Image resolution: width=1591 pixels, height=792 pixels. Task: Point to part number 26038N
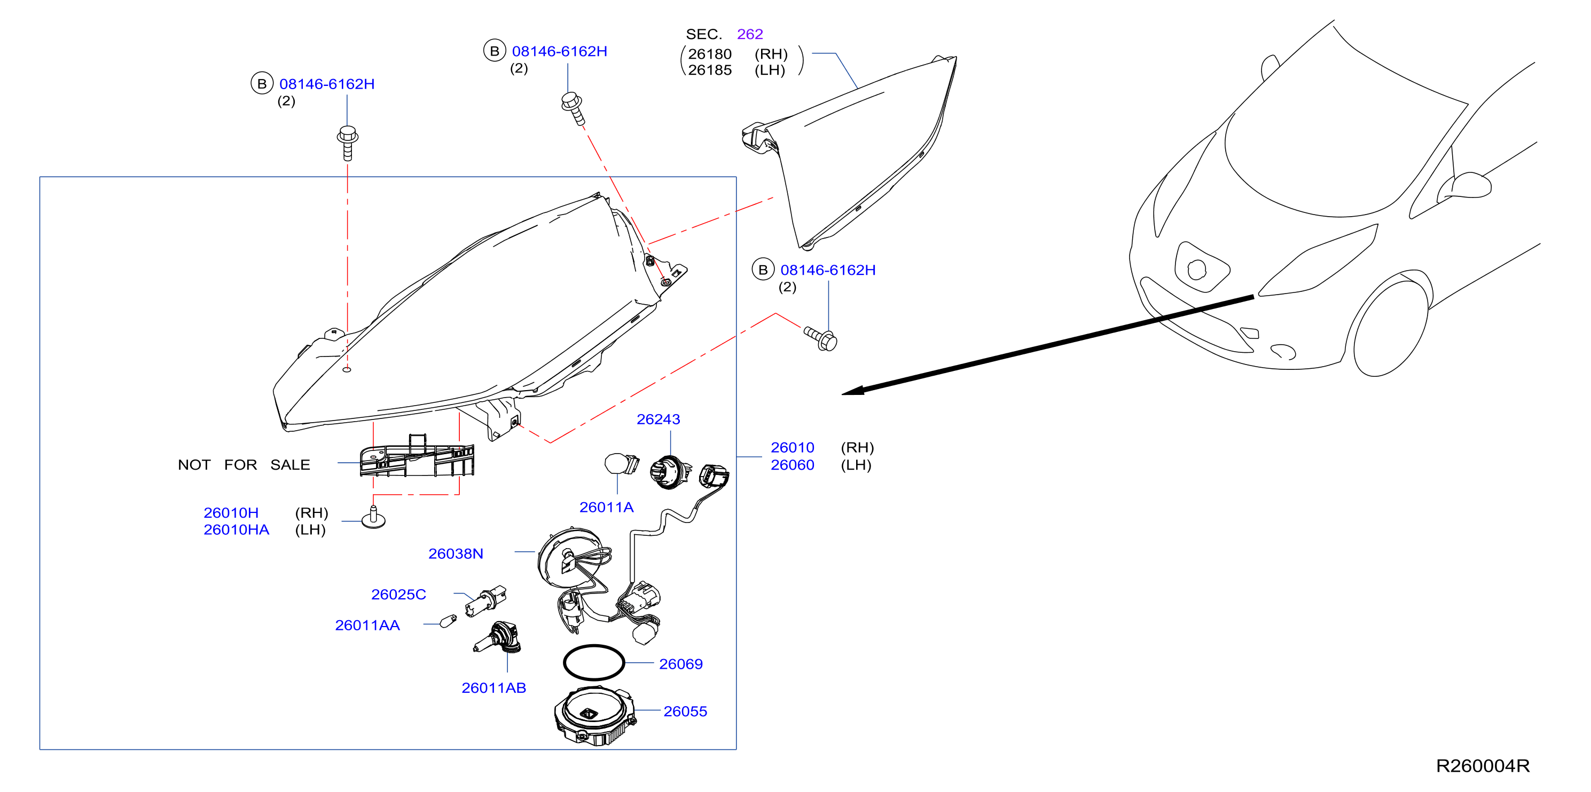[x=456, y=554]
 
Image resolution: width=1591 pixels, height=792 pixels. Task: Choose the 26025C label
[x=398, y=595]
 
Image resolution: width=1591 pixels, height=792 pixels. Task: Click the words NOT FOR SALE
[x=244, y=465]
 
